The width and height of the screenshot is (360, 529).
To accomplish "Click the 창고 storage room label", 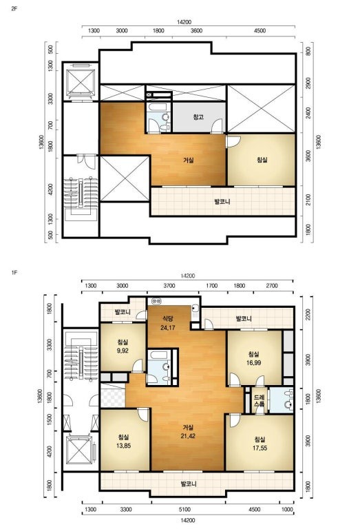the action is pyautogui.click(x=198, y=117).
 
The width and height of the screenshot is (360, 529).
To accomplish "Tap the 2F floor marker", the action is pyautogui.click(x=14, y=9).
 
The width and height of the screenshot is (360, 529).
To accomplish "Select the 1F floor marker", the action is pyautogui.click(x=14, y=272).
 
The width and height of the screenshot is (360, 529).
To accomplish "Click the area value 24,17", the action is pyautogui.click(x=167, y=327).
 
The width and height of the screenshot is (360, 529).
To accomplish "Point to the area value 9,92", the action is pyautogui.click(x=123, y=351).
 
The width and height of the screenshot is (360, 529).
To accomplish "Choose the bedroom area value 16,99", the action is pyautogui.click(x=253, y=363).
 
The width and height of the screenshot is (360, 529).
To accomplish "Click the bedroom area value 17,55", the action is pyautogui.click(x=260, y=448).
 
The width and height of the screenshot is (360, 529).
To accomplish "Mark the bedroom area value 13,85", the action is pyautogui.click(x=123, y=446).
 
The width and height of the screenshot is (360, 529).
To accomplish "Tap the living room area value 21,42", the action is pyautogui.click(x=188, y=436).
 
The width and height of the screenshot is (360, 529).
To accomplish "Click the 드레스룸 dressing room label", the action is pyautogui.click(x=260, y=400).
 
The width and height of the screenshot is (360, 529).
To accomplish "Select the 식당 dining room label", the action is pyautogui.click(x=167, y=318).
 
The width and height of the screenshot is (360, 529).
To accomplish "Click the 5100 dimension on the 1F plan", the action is pyautogui.click(x=184, y=510).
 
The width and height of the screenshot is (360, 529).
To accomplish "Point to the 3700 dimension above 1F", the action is pyautogui.click(x=169, y=285).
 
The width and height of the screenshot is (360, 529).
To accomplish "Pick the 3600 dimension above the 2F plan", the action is pyautogui.click(x=196, y=31).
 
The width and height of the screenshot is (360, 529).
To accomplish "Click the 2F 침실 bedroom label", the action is pyautogui.click(x=262, y=160).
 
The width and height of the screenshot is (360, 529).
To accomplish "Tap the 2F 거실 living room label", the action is pyautogui.click(x=189, y=160).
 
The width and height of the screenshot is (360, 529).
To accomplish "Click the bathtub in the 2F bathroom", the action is pyautogui.click(x=159, y=108).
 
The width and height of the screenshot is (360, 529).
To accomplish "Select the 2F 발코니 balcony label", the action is pyautogui.click(x=222, y=202).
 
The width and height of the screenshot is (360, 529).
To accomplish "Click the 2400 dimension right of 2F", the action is pyautogui.click(x=308, y=113).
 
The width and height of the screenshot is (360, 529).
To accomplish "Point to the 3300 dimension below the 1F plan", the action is pyautogui.click(x=126, y=510).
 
